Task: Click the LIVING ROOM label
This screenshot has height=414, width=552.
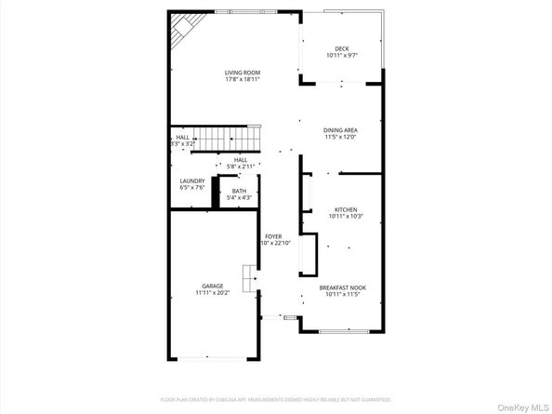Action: (242, 73)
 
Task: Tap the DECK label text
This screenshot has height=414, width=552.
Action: (341, 49)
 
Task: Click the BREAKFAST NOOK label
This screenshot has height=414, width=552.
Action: (346, 287)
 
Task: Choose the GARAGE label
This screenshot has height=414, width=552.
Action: (213, 287)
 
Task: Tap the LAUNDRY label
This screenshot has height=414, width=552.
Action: (192, 181)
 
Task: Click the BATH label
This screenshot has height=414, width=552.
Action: (240, 192)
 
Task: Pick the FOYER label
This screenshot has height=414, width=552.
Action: (271, 236)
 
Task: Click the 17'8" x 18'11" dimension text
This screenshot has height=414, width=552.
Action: (242, 80)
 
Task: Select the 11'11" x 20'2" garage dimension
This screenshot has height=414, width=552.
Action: (213, 293)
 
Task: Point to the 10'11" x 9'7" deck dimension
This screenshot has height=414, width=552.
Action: (341, 56)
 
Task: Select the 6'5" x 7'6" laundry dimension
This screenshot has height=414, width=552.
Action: (192, 188)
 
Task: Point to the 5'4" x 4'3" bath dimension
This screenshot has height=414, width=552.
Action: (240, 198)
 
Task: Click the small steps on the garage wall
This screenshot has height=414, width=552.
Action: (248, 277)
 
